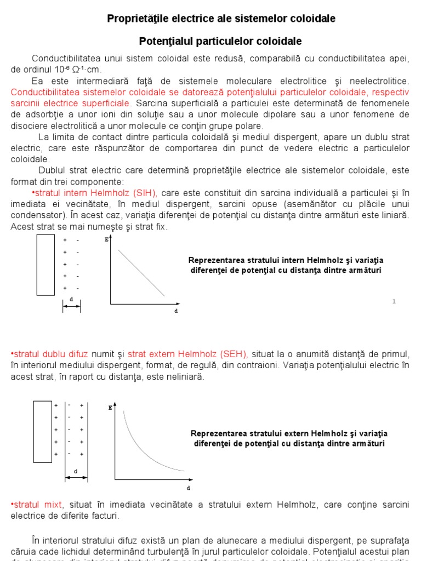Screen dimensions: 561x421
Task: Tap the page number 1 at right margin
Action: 394,302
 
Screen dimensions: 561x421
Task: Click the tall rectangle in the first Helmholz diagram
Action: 45,265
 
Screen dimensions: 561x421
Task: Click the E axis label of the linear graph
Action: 106,239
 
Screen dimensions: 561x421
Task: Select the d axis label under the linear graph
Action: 176,311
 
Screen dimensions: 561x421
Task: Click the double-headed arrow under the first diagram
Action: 72,306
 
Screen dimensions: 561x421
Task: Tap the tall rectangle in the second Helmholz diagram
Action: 42,431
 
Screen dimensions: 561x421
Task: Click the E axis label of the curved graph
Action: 110,408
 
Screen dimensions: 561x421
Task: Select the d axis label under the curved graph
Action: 188,487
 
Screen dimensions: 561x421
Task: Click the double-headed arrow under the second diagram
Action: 76,478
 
